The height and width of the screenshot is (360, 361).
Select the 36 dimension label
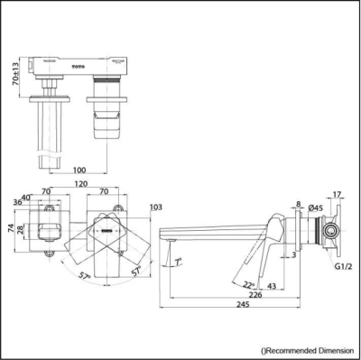(18, 202)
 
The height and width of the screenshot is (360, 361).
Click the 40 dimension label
(26, 197)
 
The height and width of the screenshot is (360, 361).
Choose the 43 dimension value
(272, 285)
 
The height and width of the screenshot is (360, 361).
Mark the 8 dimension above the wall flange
(297, 205)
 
